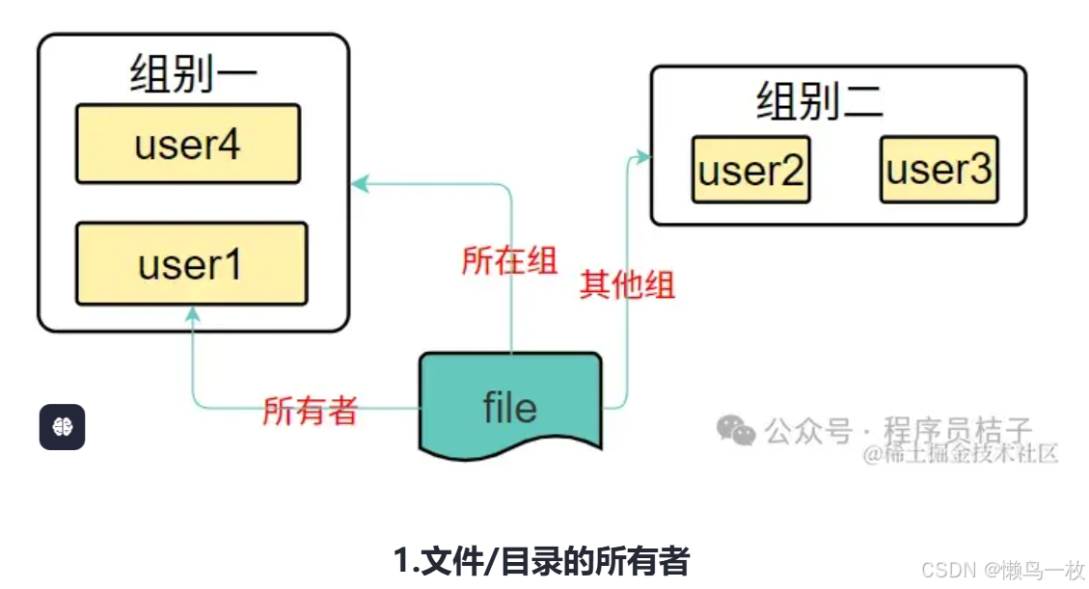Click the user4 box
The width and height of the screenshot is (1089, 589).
click(188, 144)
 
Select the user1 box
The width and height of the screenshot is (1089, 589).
click(191, 263)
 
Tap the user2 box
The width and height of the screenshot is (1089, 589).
click(750, 172)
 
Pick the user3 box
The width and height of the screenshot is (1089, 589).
click(938, 170)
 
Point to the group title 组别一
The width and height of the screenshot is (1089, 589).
click(193, 73)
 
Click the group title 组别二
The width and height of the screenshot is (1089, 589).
click(819, 101)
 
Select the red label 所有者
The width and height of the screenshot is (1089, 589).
click(310, 411)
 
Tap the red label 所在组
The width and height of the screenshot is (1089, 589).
click(509, 260)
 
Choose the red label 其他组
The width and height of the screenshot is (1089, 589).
click(627, 285)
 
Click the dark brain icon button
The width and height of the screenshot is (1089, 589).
click(62, 427)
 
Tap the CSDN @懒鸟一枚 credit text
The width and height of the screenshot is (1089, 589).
click(1003, 570)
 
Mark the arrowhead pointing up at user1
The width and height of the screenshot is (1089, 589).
click(192, 313)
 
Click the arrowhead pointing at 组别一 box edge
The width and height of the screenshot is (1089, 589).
click(358, 181)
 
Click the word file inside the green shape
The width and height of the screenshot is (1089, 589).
click(509, 408)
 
